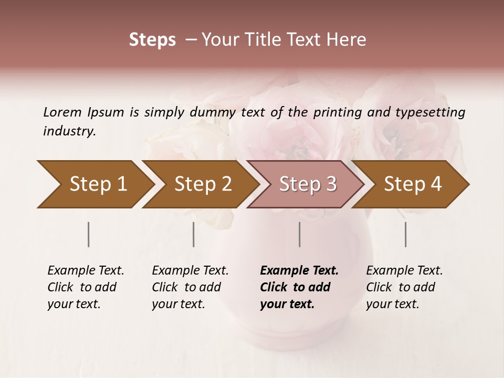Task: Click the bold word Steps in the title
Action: [152, 40]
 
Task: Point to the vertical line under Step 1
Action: [89, 234]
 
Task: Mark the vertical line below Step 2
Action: [194, 234]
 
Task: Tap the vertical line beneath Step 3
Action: [300, 234]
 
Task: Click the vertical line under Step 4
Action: [406, 234]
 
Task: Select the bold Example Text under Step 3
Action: [299, 271]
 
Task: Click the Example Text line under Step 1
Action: [86, 271]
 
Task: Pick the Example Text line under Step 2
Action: [190, 271]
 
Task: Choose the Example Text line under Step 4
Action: [404, 271]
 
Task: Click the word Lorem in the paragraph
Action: [62, 112]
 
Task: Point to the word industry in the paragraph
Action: [69, 131]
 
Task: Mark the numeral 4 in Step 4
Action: [436, 184]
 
